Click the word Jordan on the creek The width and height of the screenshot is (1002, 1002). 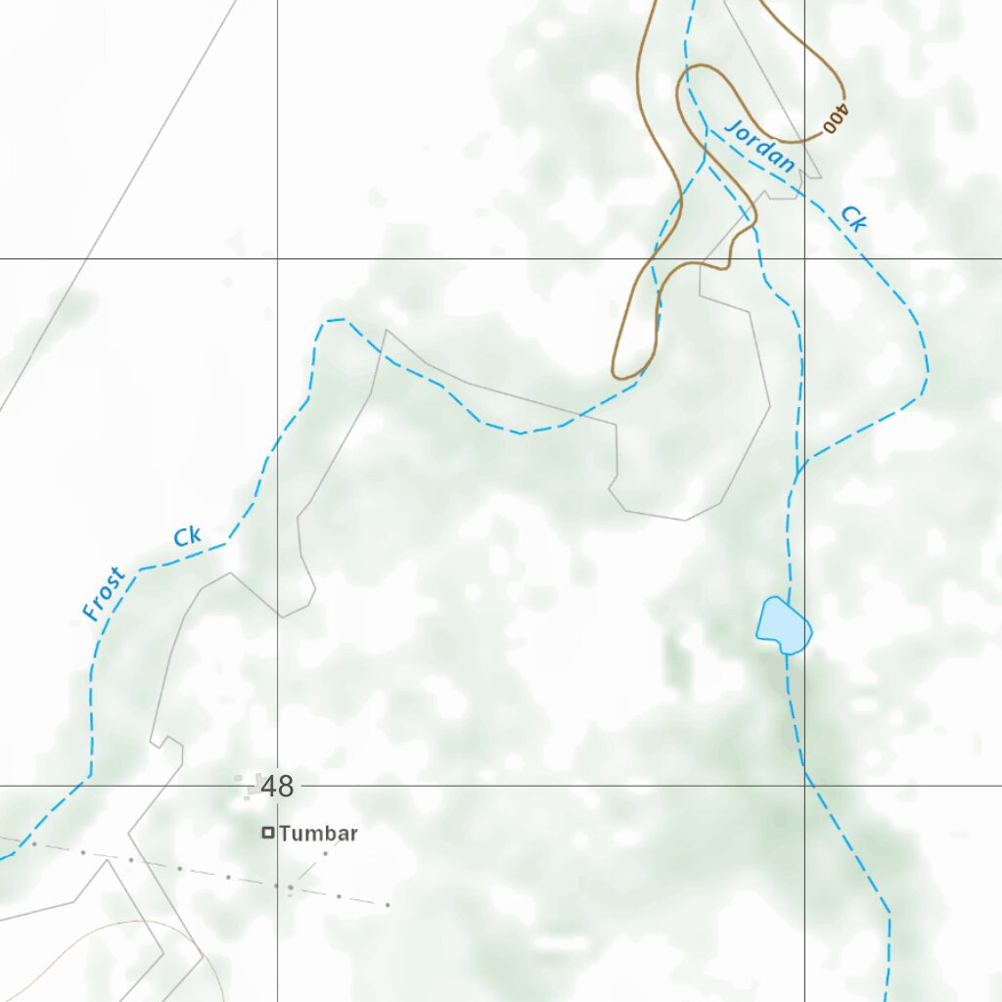(760, 147)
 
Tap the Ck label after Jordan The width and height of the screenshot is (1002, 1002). (853, 218)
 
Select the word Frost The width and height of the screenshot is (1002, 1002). (105, 594)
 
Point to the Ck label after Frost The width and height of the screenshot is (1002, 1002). (187, 536)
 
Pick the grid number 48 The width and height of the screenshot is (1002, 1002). (278, 786)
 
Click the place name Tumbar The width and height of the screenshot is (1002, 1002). (318, 834)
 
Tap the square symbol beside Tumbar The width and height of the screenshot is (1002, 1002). (267, 834)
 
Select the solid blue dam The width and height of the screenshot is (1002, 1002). (783, 623)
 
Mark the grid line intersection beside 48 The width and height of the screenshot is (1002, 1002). (277, 785)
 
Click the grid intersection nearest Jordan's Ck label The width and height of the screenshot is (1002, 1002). (804, 258)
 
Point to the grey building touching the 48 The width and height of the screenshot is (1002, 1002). (256, 784)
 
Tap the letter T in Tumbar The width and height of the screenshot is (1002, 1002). (284, 834)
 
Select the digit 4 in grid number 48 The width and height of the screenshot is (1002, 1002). (270, 786)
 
